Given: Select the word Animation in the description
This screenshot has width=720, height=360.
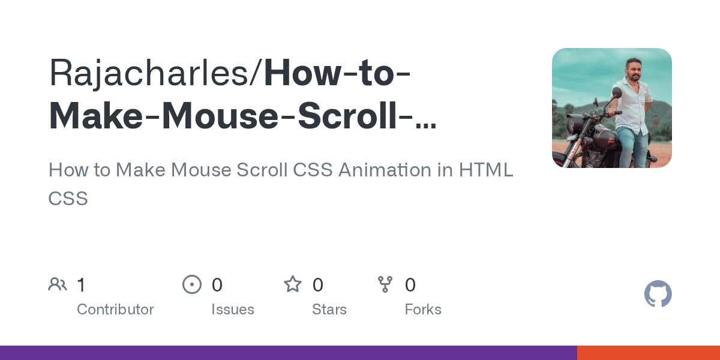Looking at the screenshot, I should pyautogui.click(x=385, y=170).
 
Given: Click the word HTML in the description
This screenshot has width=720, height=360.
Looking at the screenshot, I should pyautogui.click(x=486, y=170).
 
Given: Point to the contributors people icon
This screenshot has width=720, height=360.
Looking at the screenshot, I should pyautogui.click(x=58, y=284).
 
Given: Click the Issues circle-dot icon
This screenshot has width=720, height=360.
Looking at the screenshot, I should pyautogui.click(x=191, y=284).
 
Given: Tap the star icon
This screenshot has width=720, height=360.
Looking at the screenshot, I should pyautogui.click(x=293, y=284).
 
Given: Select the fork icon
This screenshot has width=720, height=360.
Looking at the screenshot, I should pyautogui.click(x=385, y=284).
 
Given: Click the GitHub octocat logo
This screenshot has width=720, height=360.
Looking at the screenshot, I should pyautogui.click(x=658, y=294).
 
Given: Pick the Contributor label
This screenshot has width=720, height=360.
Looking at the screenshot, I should pyautogui.click(x=115, y=310).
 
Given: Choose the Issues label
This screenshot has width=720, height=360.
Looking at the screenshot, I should pyautogui.click(x=233, y=310).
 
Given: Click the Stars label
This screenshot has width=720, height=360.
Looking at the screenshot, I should pyautogui.click(x=329, y=310).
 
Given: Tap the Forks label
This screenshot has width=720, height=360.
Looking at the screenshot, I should pyautogui.click(x=423, y=310).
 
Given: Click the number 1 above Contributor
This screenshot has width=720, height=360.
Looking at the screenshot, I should pyautogui.click(x=82, y=285).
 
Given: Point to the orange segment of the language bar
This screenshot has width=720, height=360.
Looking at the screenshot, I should pyautogui.click(x=648, y=353).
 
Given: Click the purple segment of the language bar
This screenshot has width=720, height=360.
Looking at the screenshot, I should pyautogui.click(x=288, y=353).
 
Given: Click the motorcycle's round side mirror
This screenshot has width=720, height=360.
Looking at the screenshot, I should pyautogui.click(x=616, y=93).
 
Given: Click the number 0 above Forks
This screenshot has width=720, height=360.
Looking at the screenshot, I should pyautogui.click(x=410, y=285).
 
